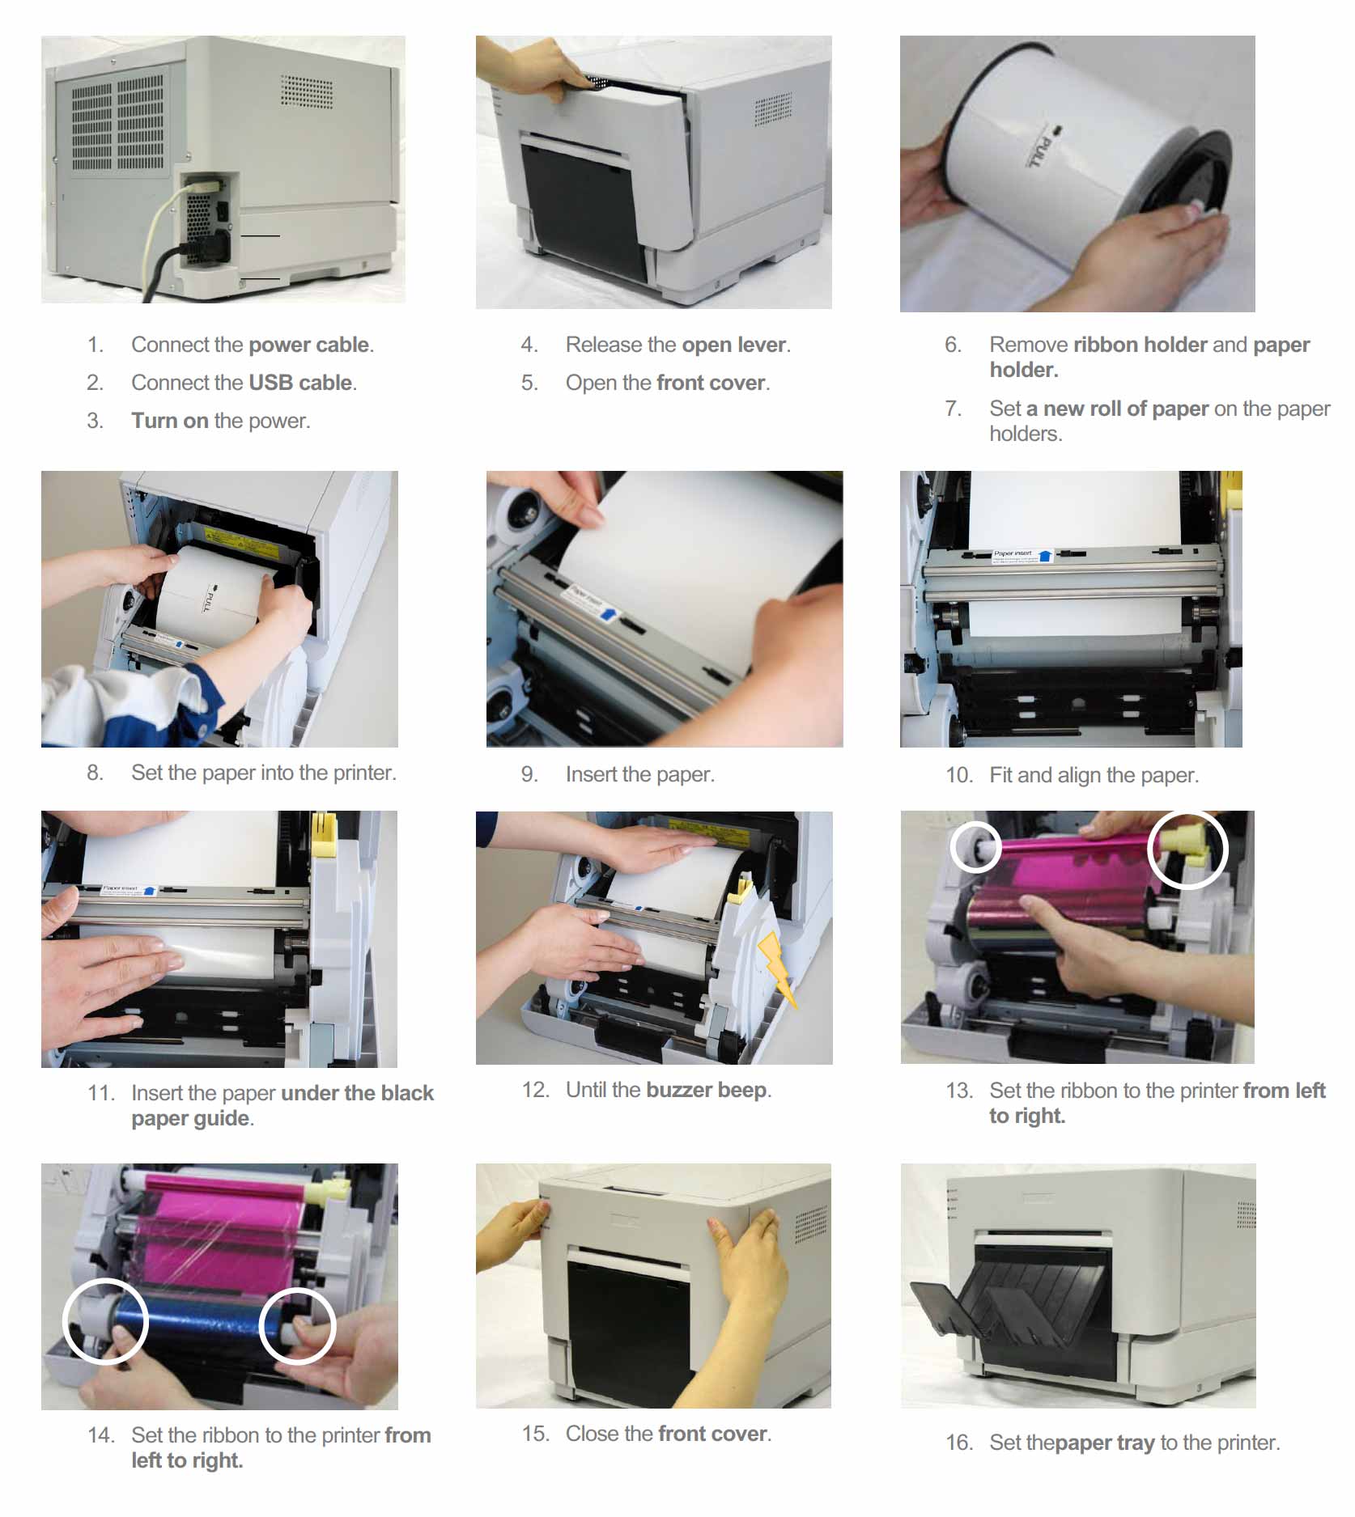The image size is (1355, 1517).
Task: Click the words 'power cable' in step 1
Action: pos(309,345)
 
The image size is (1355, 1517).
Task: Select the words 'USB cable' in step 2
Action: pos(299,383)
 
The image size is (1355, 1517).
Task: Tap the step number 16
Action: pos(959,1443)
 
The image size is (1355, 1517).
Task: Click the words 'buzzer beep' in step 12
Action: pos(706,1090)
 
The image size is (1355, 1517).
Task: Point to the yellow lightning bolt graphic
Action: pos(776,967)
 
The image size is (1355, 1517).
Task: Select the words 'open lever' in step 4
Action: pos(733,345)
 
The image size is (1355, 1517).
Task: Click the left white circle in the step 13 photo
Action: pos(975,847)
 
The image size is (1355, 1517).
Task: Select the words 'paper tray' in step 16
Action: pos(1105,1443)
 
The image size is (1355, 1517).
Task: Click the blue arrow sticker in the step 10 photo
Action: pos(1045,556)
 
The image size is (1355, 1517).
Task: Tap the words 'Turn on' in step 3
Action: pos(170,421)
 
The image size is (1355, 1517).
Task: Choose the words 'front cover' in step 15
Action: pos(712,1434)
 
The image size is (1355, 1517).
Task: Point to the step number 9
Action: pos(529,774)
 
